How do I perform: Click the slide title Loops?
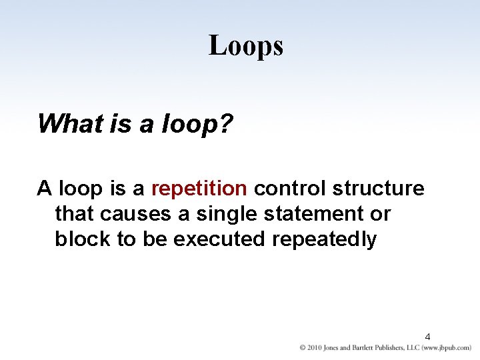[x=246, y=46]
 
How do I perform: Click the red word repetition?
[x=199, y=189]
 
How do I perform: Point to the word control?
[x=290, y=189]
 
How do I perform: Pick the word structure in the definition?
[x=378, y=189]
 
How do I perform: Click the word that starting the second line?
[x=74, y=214]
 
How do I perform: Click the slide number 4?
[x=427, y=337]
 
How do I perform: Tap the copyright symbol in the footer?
[x=303, y=348]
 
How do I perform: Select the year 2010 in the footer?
[x=315, y=348]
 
